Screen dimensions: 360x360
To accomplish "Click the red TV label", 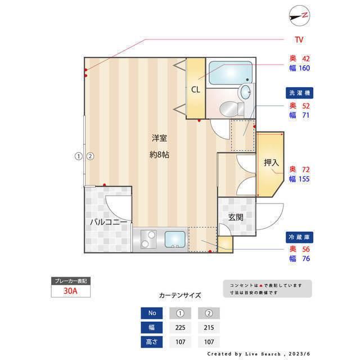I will pos(299,39).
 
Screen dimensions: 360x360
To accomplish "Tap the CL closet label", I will pos(195,89).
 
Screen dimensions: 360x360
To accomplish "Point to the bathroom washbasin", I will pos(246,91).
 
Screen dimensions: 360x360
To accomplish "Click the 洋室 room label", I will pos(159,138).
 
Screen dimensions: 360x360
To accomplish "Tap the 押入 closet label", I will pos(271,163).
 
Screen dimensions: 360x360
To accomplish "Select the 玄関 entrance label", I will pos(236,217).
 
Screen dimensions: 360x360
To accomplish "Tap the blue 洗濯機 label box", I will pos(299,92).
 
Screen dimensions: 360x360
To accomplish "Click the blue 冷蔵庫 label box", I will pos(299,236).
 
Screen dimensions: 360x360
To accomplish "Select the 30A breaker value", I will pos(70,292).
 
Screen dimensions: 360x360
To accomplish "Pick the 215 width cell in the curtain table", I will pos(209,327).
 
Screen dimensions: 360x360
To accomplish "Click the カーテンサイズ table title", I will pos(179,295).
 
